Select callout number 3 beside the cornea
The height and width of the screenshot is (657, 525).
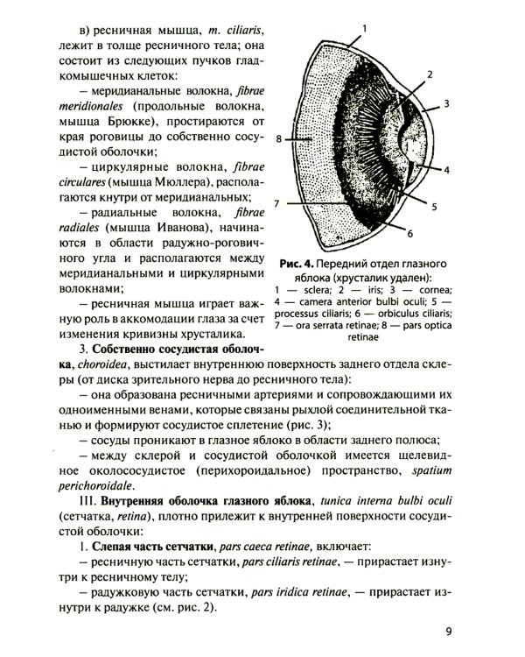(445, 102)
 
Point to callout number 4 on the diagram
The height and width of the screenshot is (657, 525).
(445, 168)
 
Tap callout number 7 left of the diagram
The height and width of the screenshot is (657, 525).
(276, 203)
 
